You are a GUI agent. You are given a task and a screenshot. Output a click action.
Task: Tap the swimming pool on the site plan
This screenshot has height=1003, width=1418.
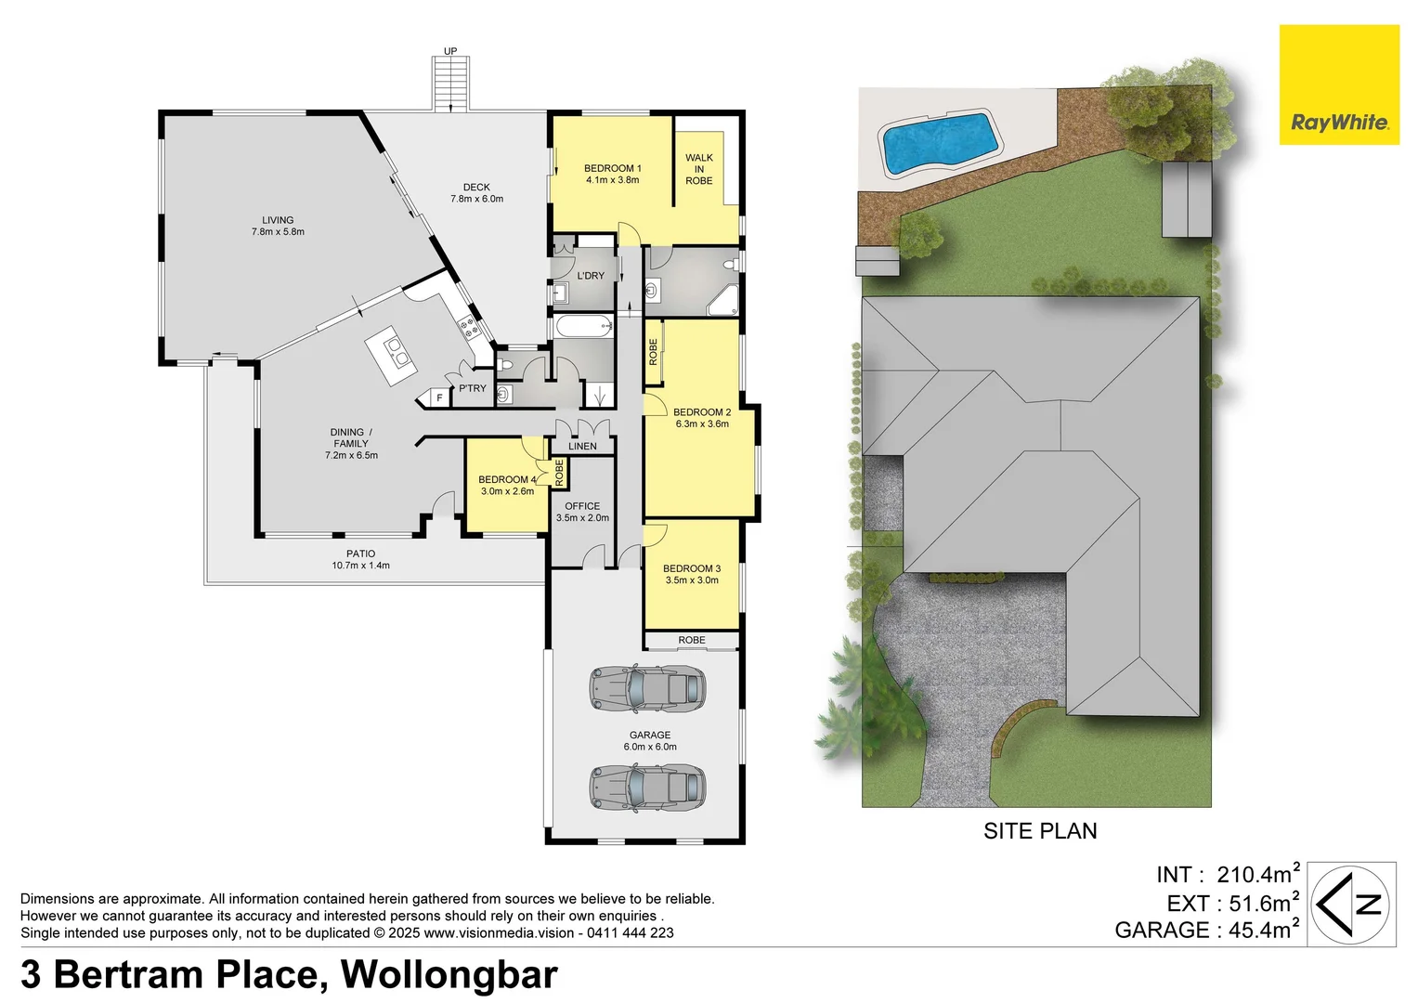pos(939,142)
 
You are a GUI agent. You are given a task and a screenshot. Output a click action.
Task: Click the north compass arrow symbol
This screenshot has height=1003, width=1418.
pos(1351,904)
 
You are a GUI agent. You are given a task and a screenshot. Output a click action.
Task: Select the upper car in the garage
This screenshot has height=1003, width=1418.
pos(647,688)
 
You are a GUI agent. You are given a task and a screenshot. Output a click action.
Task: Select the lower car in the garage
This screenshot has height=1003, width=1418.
pos(647,787)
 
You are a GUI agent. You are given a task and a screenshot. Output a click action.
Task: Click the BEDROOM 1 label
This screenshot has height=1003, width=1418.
pos(612,169)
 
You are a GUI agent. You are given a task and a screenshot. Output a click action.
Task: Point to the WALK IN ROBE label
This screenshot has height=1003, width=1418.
pos(699,169)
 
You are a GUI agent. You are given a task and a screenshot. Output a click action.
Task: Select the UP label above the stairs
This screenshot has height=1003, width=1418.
pos(450,51)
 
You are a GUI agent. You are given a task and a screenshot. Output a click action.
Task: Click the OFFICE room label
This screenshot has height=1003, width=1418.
pos(582,506)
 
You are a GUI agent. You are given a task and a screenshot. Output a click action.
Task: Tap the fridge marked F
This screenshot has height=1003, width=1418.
pos(439,398)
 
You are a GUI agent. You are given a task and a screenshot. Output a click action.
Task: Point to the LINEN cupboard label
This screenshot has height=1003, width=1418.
pos(582,447)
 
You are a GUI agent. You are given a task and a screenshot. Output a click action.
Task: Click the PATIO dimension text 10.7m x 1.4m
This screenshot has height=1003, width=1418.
pos(360,566)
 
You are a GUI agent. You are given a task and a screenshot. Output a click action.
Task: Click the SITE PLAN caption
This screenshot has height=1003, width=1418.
pos(1040,831)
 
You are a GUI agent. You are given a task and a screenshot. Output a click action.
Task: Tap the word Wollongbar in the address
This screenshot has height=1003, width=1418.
pos(449,974)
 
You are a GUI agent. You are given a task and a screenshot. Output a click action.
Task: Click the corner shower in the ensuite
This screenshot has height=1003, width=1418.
pos(723,301)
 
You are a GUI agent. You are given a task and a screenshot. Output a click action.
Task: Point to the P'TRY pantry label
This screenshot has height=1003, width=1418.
pos(472,388)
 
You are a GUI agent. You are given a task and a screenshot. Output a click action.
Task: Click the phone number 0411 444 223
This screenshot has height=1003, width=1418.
pos(631,932)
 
